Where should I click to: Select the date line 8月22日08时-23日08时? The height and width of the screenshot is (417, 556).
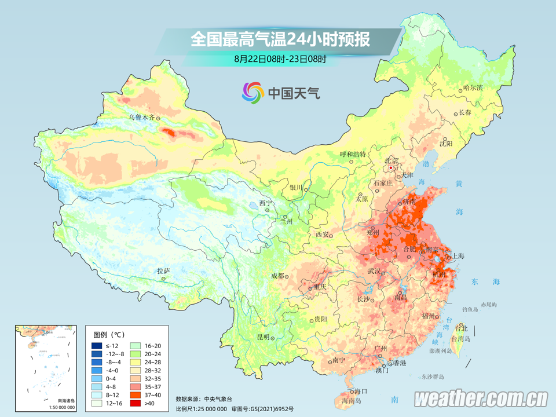click(280, 58)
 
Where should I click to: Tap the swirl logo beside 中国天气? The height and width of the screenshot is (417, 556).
click(253, 92)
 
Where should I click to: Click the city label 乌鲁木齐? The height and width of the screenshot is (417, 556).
click(142, 117)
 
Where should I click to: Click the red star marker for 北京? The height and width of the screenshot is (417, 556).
click(392, 167)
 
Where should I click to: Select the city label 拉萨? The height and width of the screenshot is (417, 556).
click(163, 270)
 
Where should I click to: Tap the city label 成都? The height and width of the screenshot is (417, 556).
click(277, 276)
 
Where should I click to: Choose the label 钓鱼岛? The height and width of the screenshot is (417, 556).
click(470, 310)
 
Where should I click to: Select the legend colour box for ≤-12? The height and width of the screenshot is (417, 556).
click(97, 346)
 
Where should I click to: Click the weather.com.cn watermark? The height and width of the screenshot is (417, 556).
click(481, 398)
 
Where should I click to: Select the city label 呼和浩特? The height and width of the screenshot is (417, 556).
click(353, 154)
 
